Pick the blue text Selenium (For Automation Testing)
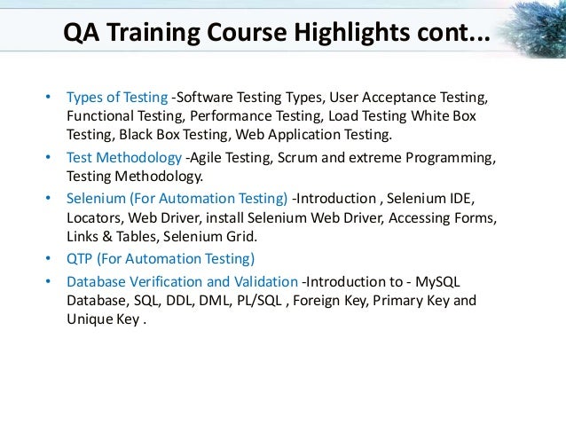point(177,197)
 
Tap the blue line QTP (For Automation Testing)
point(160,258)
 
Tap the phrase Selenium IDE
point(444,197)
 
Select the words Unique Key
point(99,320)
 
